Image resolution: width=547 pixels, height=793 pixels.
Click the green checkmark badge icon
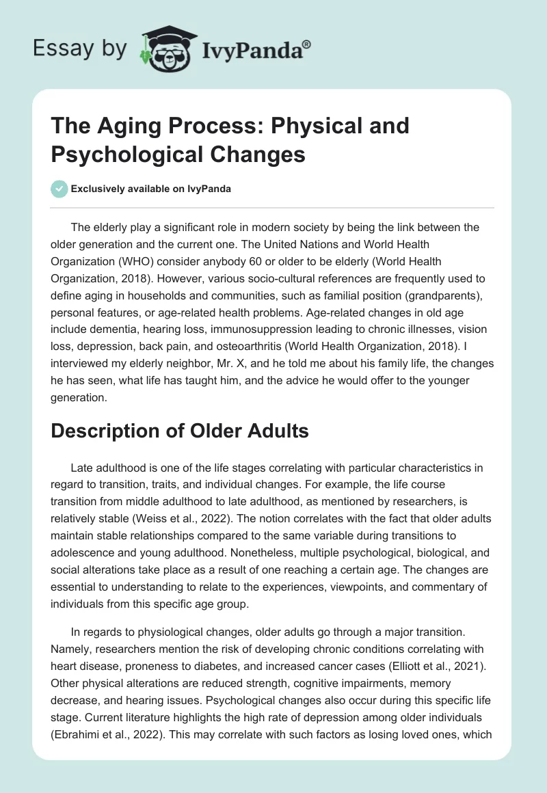pyautogui.click(x=59, y=189)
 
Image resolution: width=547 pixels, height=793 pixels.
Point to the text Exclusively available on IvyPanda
pyautogui.click(x=151, y=189)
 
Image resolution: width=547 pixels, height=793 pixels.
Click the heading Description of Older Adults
pyautogui.click(x=180, y=431)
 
